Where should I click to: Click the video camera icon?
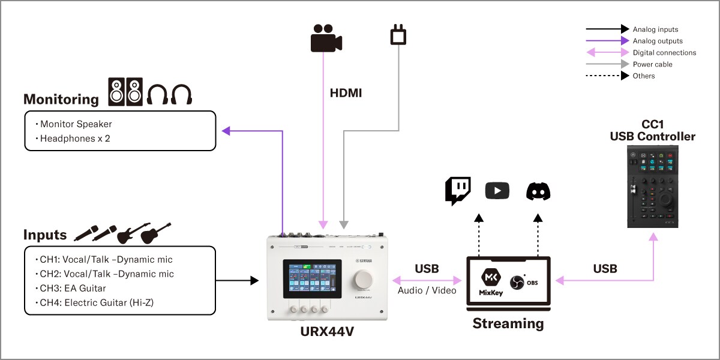(x=326, y=38)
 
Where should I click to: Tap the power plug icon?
(x=398, y=35)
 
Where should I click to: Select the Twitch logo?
(x=458, y=191)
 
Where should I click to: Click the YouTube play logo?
(x=497, y=191)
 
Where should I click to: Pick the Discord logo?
(x=538, y=191)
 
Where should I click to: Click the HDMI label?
(x=346, y=94)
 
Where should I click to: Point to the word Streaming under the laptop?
(x=508, y=323)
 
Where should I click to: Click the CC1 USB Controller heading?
(x=652, y=131)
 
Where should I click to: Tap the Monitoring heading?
(x=61, y=99)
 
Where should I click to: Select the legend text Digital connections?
(x=664, y=53)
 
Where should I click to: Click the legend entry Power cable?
(x=652, y=64)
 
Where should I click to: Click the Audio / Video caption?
(x=427, y=290)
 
